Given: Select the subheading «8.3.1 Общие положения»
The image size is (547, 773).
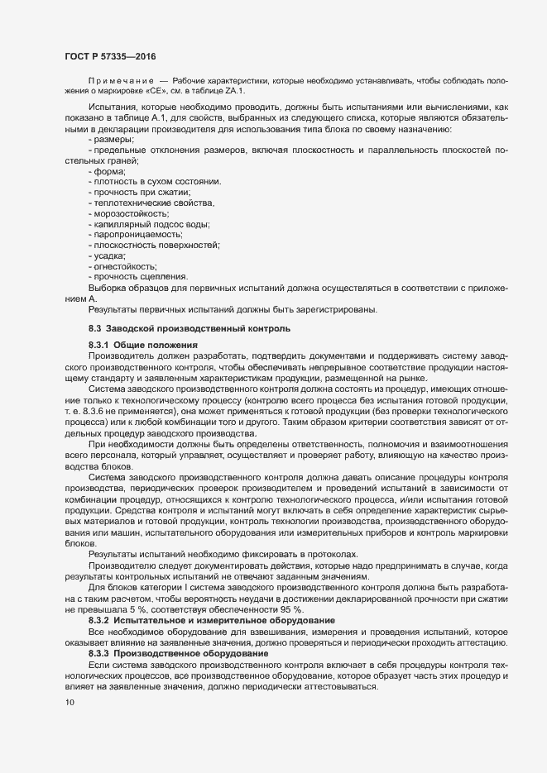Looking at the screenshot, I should (142, 343).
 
